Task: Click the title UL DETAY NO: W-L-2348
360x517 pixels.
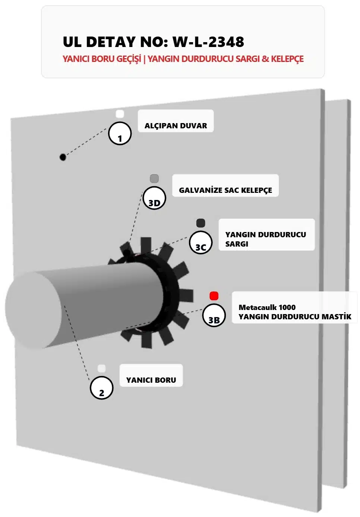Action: pyautogui.click(x=153, y=42)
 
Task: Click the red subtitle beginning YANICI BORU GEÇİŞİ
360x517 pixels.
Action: pyautogui.click(x=183, y=59)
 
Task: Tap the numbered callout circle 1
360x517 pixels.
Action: pyautogui.click(x=120, y=134)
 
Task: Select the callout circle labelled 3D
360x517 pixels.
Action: pyautogui.click(x=154, y=198)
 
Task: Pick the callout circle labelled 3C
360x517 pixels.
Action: pyautogui.click(x=200, y=242)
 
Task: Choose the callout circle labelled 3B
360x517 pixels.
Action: pyautogui.click(x=214, y=315)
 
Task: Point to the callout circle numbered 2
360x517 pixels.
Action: pyautogui.click(x=101, y=388)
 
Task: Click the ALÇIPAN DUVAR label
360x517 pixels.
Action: pyautogui.click(x=176, y=126)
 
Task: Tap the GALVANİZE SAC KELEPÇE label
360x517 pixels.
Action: pyautogui.click(x=225, y=190)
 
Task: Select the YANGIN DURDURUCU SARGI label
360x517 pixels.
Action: pyautogui.click(x=265, y=239)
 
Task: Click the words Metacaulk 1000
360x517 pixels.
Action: pyautogui.click(x=267, y=307)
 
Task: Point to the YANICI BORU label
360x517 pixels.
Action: pyautogui.click(x=151, y=380)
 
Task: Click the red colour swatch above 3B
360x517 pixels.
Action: pyautogui.click(x=214, y=296)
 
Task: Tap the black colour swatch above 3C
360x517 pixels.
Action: pyautogui.click(x=200, y=223)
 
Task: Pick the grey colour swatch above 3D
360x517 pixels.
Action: pyautogui.click(x=154, y=179)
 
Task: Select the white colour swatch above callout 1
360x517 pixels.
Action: pyautogui.click(x=120, y=114)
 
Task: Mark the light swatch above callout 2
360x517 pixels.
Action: pyautogui.click(x=101, y=369)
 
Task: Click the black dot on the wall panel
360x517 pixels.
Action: pyautogui.click(x=63, y=157)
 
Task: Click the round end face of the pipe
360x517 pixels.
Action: pyautogui.click(x=34, y=310)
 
